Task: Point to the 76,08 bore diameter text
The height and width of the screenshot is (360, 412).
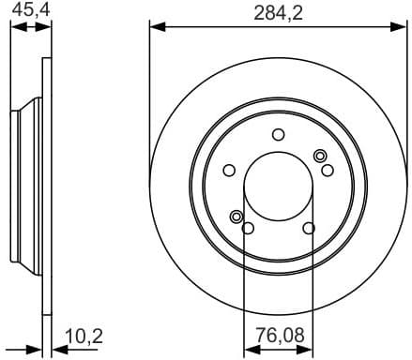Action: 278,335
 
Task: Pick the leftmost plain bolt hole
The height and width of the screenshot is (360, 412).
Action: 229,170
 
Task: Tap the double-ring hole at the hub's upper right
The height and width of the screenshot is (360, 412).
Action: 320,156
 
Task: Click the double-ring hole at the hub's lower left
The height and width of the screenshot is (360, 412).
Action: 236,217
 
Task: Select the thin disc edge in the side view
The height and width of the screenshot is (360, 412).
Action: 44,187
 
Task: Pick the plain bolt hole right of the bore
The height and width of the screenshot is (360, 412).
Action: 328,170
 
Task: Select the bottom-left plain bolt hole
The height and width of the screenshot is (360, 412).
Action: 248,228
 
